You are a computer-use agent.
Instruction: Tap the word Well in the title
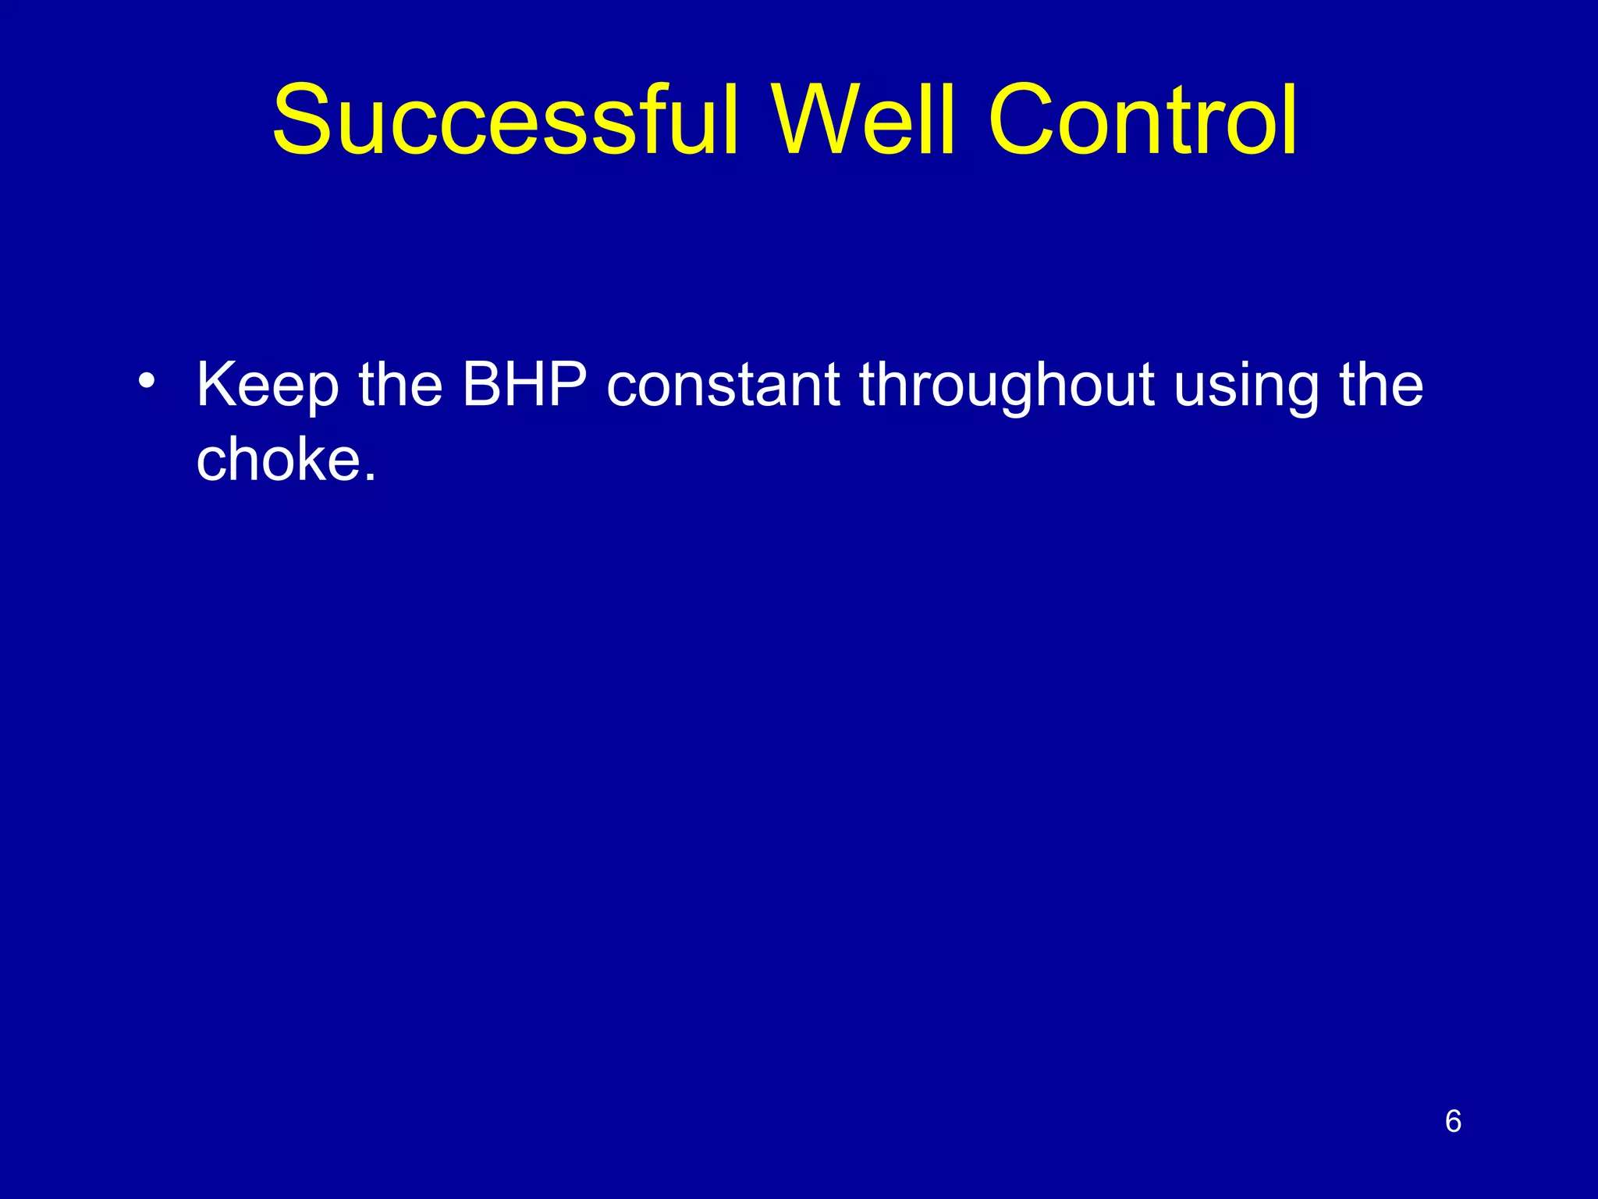point(864,121)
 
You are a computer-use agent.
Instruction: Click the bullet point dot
point(145,382)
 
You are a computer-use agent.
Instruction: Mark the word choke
point(277,459)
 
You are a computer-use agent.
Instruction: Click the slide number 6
point(1453,1121)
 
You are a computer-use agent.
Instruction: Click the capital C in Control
point(1024,121)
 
